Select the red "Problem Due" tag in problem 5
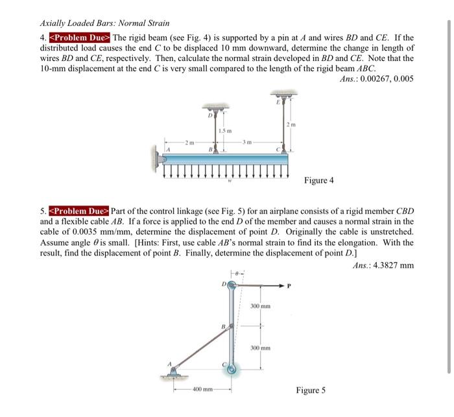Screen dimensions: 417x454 pos(77,211)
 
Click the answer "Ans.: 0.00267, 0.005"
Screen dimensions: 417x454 pos(376,79)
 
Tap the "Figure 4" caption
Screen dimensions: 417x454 pos(318,180)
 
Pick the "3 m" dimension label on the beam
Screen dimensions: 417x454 pos(250,141)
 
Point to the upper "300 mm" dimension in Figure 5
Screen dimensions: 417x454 pos(261,305)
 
